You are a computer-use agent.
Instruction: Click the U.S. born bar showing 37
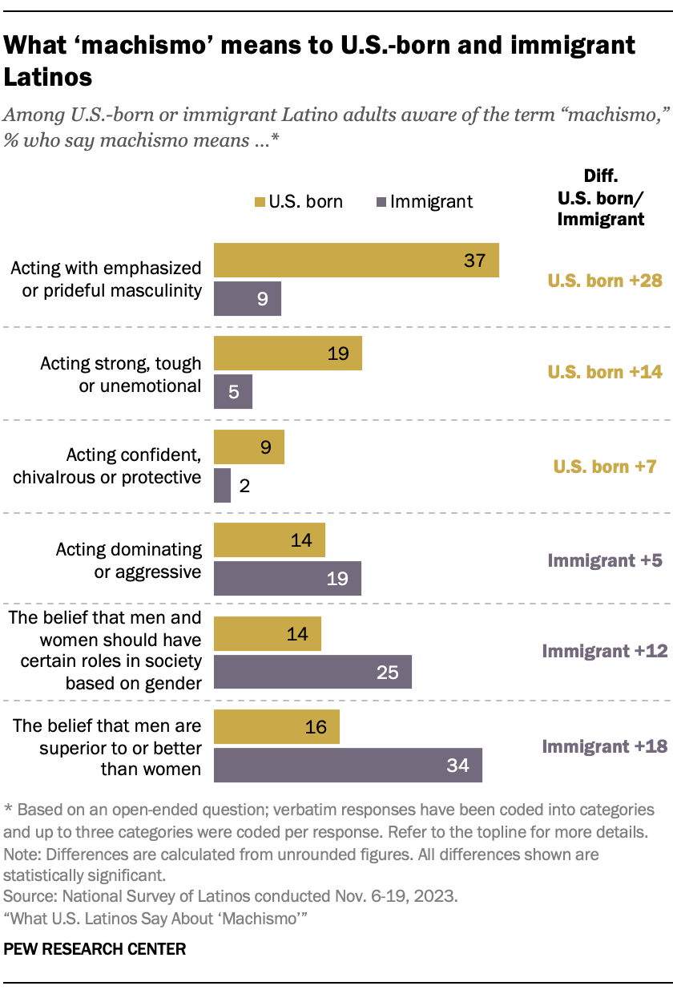pos(356,261)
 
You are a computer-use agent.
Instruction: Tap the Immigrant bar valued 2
pos(222,486)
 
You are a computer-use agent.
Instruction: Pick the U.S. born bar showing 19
pos(288,354)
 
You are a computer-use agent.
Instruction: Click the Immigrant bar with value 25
pos(312,672)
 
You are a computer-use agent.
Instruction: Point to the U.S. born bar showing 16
pos(276,726)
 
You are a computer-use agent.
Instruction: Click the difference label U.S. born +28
pos(605,281)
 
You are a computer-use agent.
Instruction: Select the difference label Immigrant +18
pos(605,746)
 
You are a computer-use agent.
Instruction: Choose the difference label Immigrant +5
pos(605,560)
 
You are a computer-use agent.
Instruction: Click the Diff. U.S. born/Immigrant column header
pos(601,197)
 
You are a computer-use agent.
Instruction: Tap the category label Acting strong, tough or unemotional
pos(120,374)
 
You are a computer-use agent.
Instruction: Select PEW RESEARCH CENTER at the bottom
pos(95,949)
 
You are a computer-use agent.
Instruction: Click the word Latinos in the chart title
pos(48,78)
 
